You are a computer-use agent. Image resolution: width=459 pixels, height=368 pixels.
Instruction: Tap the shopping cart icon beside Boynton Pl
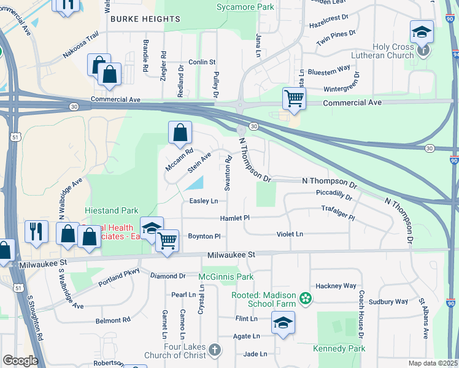(x=167, y=240)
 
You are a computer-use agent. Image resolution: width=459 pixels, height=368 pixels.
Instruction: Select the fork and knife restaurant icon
(x=36, y=231)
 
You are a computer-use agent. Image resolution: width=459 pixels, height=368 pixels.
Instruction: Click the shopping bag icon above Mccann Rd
(x=180, y=132)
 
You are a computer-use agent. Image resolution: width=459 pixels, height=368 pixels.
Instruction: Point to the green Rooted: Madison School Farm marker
(x=306, y=299)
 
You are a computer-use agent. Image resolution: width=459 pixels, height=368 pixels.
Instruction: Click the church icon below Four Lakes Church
(x=214, y=350)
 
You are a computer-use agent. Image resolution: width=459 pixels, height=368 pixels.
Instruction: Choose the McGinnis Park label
(x=226, y=277)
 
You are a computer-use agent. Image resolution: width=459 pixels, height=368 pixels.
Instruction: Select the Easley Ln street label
(x=203, y=201)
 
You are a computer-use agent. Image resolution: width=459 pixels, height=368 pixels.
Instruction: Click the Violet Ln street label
(x=290, y=234)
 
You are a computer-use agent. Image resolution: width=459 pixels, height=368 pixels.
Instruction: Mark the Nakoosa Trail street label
(x=80, y=45)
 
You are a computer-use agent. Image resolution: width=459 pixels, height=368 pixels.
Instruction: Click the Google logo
(x=20, y=361)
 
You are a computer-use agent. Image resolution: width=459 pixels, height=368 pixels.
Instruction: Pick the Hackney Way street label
(x=336, y=286)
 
